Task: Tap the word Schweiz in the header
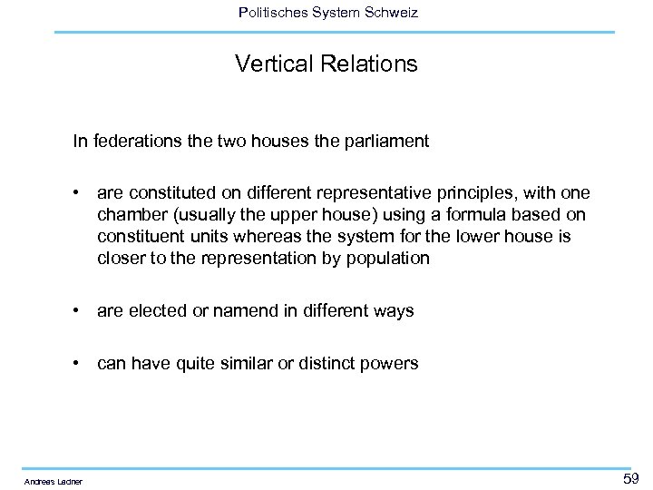pos(391,13)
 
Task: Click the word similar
pos(261,364)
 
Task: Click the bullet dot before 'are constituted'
pos(81,193)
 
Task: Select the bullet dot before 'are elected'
pos(81,310)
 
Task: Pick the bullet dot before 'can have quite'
pos(81,364)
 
